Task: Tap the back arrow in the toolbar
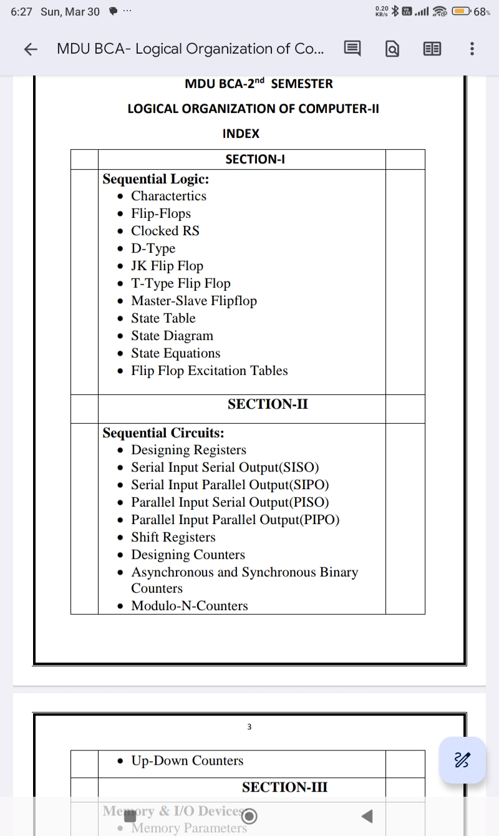[x=31, y=49]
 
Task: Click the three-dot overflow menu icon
[x=472, y=49]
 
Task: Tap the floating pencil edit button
[x=462, y=759]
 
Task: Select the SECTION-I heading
[x=255, y=159]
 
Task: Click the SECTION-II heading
[x=268, y=404]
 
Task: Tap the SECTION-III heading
[x=284, y=787]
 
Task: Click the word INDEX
[x=241, y=134]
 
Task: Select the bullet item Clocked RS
[x=165, y=231]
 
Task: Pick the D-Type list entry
[x=153, y=248]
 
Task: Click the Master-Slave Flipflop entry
[x=193, y=301]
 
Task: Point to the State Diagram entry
[x=172, y=336]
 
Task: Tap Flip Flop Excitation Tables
[x=209, y=371]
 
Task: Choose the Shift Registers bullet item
[x=173, y=537]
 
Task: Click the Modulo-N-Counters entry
[x=189, y=606]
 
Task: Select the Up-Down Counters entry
[x=187, y=761]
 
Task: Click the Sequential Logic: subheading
[x=155, y=179]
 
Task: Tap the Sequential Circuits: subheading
[x=163, y=433]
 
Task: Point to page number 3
[x=249, y=727]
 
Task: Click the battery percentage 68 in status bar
[x=482, y=11]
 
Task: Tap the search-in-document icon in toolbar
[x=392, y=49]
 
